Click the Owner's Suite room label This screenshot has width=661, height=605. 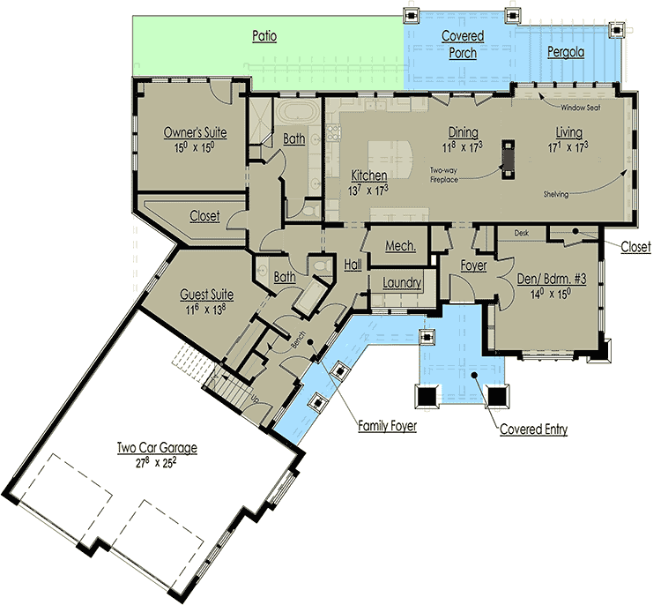pyautogui.click(x=196, y=132)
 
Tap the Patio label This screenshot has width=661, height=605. pyautogui.click(x=264, y=36)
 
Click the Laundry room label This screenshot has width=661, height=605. pyautogui.click(x=400, y=283)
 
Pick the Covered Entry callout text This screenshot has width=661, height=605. pyautogui.click(x=533, y=430)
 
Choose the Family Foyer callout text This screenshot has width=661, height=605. pyautogui.click(x=387, y=427)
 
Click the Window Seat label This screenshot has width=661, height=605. pyautogui.click(x=579, y=106)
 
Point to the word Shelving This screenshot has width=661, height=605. pyautogui.click(x=555, y=194)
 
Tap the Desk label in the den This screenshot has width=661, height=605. pyautogui.click(x=522, y=234)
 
